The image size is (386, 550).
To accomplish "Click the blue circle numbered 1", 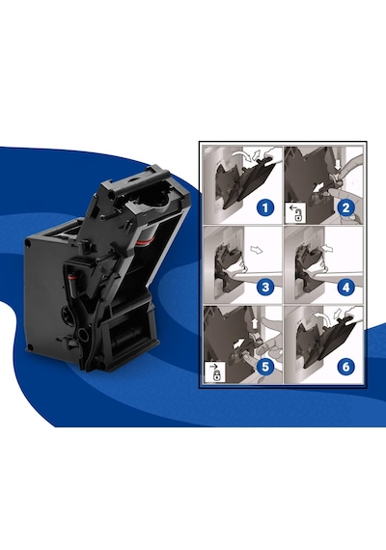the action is click(265, 207).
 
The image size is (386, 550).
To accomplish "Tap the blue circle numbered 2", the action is click(345, 207).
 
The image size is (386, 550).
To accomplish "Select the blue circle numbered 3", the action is click(265, 287).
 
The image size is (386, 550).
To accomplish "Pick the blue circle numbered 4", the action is click(345, 287).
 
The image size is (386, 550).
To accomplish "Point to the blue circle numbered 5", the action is click(265, 367).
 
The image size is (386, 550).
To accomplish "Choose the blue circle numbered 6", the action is click(345, 367).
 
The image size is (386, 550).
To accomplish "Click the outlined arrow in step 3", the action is click(257, 250).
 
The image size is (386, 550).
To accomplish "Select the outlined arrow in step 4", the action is click(327, 249).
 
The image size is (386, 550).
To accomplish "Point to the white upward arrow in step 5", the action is click(255, 322).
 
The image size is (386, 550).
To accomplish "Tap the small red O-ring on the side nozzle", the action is click(71, 277).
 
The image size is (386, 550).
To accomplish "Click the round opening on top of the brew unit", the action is click(155, 197).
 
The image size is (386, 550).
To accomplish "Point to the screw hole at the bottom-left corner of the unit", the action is click(30, 347).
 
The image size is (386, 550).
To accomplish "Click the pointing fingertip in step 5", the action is click(246, 358).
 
